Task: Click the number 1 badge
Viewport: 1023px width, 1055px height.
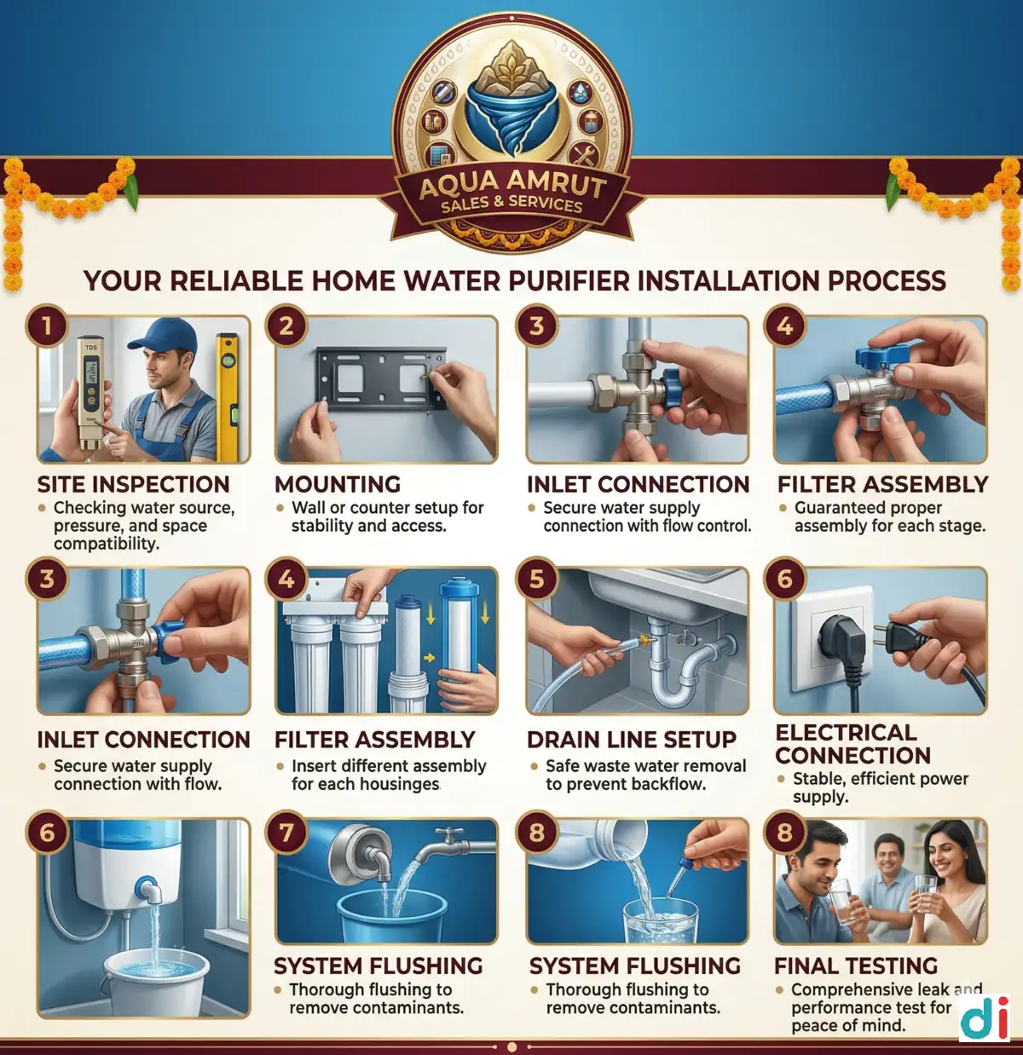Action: pyautogui.click(x=47, y=326)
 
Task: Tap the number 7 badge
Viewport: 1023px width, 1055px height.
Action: pyautogui.click(x=286, y=833)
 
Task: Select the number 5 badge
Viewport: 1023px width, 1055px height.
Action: pyautogui.click(x=536, y=579)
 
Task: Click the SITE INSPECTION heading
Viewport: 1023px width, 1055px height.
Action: pyautogui.click(x=133, y=484)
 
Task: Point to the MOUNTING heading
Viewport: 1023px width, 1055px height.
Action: pyautogui.click(x=338, y=484)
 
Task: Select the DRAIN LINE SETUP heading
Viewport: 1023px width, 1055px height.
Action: pyautogui.click(x=632, y=740)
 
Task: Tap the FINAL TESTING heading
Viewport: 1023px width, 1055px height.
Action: pyautogui.click(x=856, y=966)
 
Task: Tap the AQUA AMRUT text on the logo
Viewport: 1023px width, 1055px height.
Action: pyautogui.click(x=512, y=182)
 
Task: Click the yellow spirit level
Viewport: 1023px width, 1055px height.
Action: pyautogui.click(x=227, y=388)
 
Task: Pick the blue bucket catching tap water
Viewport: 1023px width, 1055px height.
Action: pyautogui.click(x=391, y=917)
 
